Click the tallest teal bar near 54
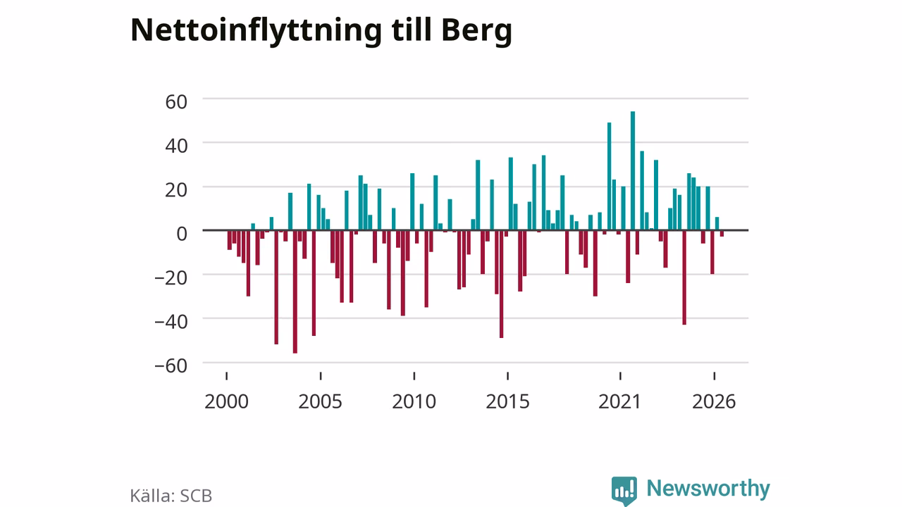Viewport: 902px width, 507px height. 633,170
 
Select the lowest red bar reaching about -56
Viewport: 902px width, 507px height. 295,292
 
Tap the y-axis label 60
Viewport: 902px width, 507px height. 176,101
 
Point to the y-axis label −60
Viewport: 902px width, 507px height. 171,365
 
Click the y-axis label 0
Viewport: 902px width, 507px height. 182,234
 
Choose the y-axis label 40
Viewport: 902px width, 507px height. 176,146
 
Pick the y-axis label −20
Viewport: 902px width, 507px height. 171,277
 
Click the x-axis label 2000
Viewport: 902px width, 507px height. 226,401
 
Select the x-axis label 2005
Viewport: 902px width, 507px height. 320,401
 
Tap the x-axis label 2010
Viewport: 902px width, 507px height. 414,401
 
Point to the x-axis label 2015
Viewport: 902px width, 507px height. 508,401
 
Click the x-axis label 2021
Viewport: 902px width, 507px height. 619,401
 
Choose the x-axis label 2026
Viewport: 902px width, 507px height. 714,401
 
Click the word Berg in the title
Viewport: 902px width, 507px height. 477,32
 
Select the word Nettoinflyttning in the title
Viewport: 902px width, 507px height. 256,32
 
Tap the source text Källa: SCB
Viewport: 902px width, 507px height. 171,495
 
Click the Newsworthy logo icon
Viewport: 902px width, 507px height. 624,491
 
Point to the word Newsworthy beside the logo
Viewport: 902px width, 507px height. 708,489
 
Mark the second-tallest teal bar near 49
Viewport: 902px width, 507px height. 610,176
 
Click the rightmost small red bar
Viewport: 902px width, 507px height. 722,233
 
